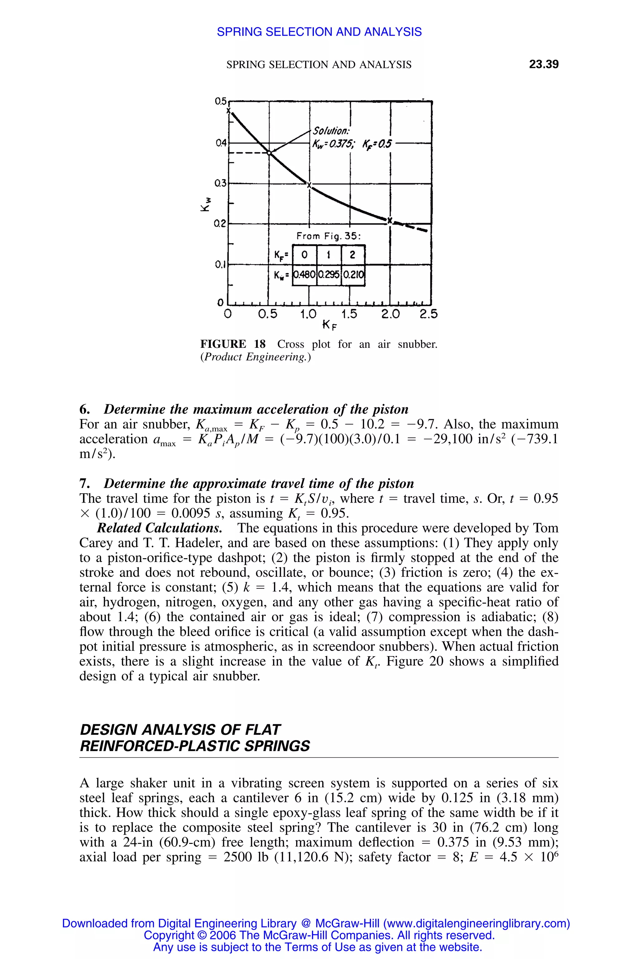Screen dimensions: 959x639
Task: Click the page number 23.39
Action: pyautogui.click(x=544, y=64)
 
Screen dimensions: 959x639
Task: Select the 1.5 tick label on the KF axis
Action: pyautogui.click(x=349, y=314)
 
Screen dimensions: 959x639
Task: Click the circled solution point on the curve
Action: pyautogui.click(x=269, y=152)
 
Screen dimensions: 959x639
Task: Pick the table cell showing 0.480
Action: pyautogui.click(x=305, y=274)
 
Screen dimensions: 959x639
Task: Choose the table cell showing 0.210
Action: pyautogui.click(x=353, y=274)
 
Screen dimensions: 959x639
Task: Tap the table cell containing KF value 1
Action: pyautogui.click(x=329, y=255)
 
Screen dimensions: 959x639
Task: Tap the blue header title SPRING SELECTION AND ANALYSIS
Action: pyautogui.click(x=319, y=32)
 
